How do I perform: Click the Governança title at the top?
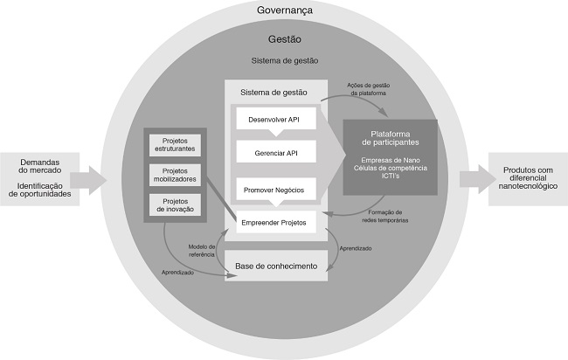(x=285, y=10)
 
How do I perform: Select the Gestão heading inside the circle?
(x=285, y=39)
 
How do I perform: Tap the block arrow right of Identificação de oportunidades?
(x=94, y=181)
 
